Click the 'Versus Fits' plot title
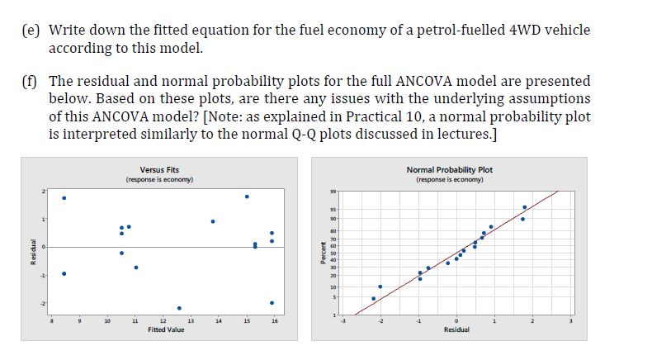coord(159,169)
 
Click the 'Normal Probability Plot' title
coord(450,169)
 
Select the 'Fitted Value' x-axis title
coord(166,329)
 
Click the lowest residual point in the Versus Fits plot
coord(179,308)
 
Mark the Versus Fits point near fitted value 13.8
coord(213,221)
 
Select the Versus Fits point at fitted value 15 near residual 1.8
coord(247,197)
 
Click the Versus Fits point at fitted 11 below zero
coord(136,268)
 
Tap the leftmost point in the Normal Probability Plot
coord(373,298)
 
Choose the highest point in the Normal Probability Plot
coord(525,207)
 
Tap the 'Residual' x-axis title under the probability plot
coord(456,329)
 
